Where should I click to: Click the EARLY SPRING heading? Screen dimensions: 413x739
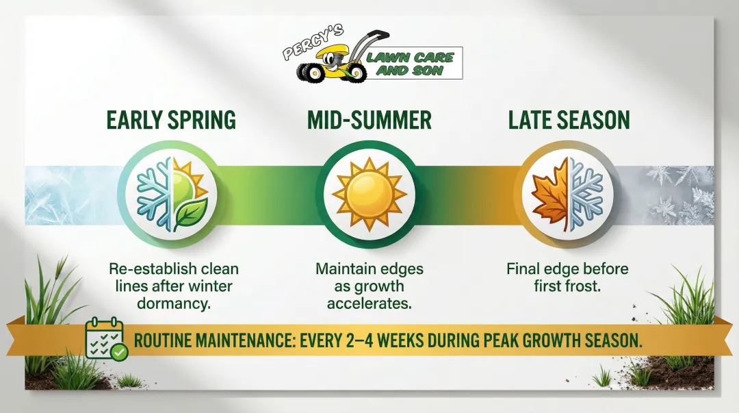171,121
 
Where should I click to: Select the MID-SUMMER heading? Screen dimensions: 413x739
369,121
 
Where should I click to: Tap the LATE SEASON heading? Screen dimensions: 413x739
569,121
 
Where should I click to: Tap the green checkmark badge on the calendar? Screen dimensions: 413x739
119,352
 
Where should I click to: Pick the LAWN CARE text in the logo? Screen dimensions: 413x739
410,57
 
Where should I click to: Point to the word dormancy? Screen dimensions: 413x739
174,303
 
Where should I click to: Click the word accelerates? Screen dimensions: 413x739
369,303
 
